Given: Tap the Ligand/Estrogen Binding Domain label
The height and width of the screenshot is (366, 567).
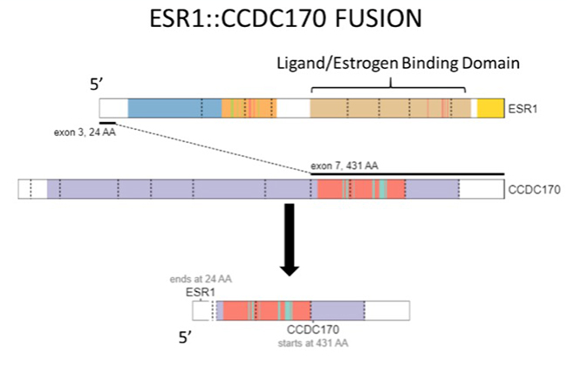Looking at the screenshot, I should point(398,63).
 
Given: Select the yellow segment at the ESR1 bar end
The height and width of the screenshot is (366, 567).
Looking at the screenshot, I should point(491,108).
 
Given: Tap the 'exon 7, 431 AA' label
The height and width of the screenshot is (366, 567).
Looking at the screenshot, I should point(345,165).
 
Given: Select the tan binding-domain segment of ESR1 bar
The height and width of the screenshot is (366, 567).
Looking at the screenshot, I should point(388,108).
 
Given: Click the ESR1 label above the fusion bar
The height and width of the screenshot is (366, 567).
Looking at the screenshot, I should point(201,291).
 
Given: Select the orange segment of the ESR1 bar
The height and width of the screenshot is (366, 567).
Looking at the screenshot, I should point(249,108).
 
